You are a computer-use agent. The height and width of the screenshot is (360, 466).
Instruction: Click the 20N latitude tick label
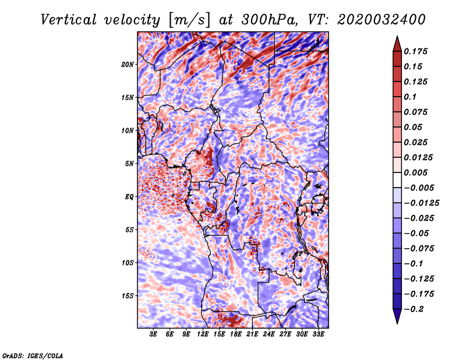pos(127,65)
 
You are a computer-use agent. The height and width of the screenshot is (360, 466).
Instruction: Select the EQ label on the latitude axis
pos(129,197)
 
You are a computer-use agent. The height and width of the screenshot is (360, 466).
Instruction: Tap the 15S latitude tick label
pos(128,296)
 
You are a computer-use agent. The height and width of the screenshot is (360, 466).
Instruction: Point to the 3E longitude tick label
pos(153,334)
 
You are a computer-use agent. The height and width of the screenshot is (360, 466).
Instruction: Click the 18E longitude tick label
pos(236,334)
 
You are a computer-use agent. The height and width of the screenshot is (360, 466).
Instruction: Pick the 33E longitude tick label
pos(318,334)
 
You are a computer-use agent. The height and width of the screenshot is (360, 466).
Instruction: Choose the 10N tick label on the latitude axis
pos(127,130)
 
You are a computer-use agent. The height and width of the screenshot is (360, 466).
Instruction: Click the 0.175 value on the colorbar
pos(415,51)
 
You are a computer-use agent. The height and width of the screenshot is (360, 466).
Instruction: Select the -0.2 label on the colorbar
pos(414,309)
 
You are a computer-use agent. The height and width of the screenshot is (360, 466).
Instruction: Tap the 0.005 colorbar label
pos(415,172)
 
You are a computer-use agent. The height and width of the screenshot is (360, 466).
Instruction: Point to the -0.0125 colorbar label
pos(421,203)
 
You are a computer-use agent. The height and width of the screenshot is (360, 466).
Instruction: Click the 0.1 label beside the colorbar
pos(410,97)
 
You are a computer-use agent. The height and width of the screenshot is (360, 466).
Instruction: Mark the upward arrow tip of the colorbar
pos(397,36)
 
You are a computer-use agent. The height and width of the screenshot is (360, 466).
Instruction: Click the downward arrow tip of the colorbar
pos(397,323)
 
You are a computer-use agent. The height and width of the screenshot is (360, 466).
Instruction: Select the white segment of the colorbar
pos(397,180)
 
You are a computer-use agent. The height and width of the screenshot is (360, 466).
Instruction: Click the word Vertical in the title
pos(69,20)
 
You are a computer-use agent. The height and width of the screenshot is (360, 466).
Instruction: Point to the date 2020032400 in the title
pos(382,20)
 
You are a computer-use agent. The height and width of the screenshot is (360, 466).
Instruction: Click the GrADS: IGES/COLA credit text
pos(33,355)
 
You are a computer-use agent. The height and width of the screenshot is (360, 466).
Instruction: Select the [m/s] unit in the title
pos(189,20)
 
